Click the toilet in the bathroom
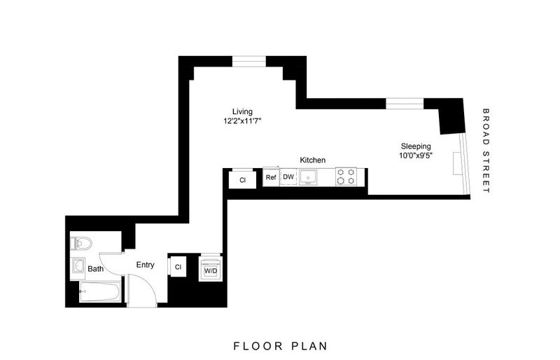[80, 244]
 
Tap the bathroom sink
[78, 265]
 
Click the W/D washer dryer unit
[211, 268]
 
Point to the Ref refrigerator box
[271, 176]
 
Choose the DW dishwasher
[288, 176]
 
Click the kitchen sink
[308, 177]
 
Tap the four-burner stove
[346, 176]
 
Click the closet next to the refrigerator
[242, 179]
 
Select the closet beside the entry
[178, 266]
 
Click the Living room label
[242, 112]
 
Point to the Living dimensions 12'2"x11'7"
[242, 121]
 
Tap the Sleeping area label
[416, 146]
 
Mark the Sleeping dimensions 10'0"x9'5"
[416, 155]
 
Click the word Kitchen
[312, 160]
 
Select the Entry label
[146, 265]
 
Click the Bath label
[96, 269]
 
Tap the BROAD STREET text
[485, 151]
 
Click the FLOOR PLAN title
[281, 346]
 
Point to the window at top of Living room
[249, 62]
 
